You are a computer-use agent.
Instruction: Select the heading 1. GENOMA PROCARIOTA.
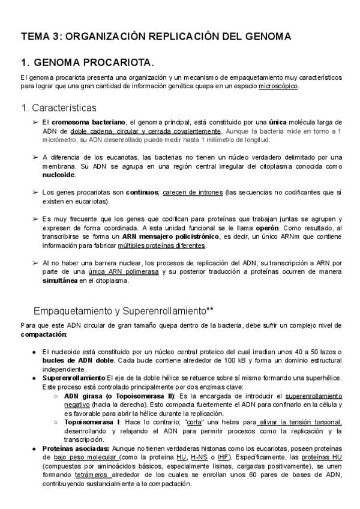click(x=87, y=62)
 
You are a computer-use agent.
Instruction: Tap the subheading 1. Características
click(x=58, y=108)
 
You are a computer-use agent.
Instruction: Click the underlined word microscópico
click(x=278, y=86)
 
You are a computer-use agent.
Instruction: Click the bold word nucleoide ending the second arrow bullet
click(x=59, y=175)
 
